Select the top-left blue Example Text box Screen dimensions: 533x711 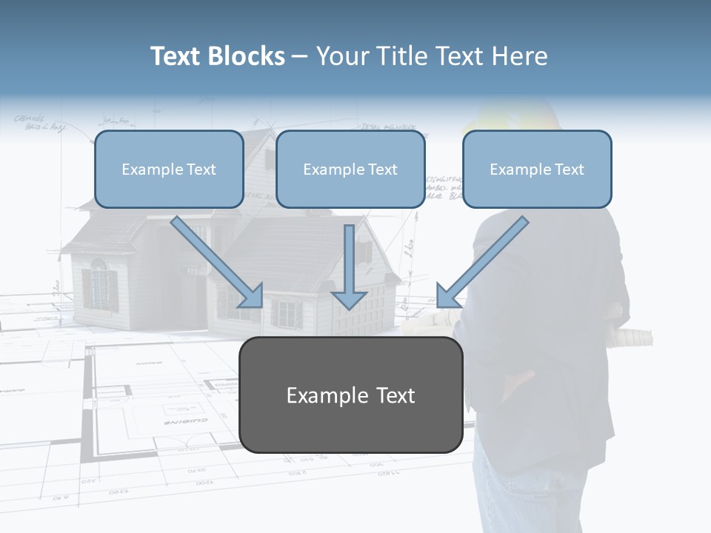tap(169, 169)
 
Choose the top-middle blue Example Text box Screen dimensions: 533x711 tap(350, 169)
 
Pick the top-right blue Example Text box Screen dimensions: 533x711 tap(537, 169)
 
